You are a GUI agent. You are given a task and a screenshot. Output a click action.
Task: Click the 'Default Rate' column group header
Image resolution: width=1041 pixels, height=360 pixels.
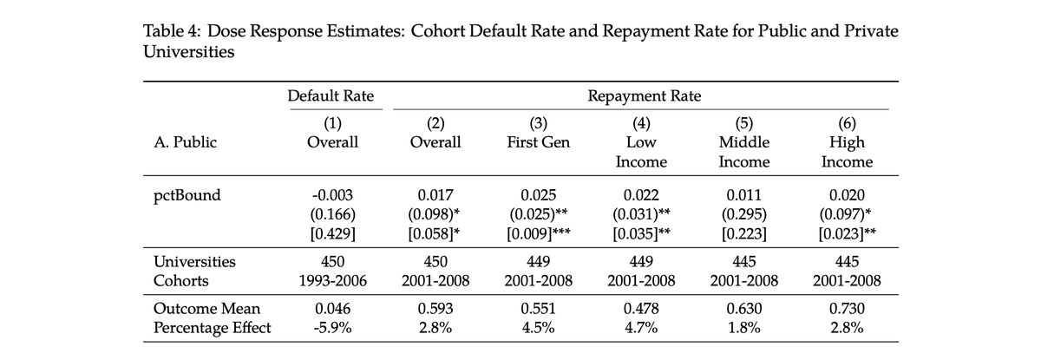point(331,96)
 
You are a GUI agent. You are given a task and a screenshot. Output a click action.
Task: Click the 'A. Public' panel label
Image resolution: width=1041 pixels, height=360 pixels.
point(183,142)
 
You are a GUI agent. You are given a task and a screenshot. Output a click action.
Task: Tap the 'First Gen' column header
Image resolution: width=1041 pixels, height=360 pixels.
point(538,142)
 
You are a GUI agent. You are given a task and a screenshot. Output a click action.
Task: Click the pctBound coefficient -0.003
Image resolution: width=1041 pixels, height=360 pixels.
point(331,195)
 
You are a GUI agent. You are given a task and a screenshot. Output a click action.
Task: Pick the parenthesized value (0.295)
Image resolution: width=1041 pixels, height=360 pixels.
point(743,213)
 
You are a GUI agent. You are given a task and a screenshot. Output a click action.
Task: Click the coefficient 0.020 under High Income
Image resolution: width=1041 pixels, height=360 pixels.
point(847,195)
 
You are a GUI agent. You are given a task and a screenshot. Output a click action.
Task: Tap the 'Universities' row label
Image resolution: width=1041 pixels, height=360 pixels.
point(194,262)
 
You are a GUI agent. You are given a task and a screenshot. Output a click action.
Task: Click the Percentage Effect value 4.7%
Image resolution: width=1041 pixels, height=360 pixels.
point(640,328)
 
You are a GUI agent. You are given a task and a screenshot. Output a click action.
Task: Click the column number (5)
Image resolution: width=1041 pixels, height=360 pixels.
point(743,123)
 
